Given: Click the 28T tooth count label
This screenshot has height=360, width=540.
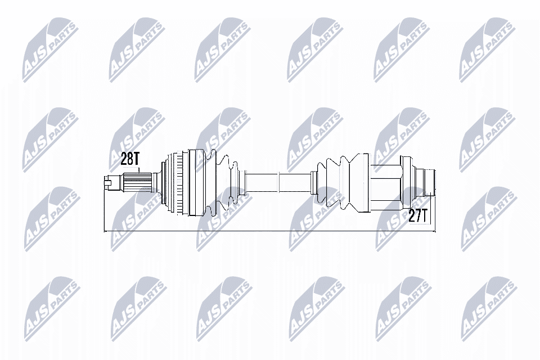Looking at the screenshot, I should pos(130,159).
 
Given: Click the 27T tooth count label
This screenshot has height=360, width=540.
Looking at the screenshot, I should pos(418,216).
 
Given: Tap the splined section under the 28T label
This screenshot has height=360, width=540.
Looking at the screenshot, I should pos(137,182).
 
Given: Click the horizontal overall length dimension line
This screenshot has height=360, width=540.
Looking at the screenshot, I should pos(270,231).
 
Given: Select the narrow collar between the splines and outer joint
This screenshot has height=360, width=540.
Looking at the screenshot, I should pos(155,182).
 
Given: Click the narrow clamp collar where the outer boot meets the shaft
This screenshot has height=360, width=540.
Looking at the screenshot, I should pos(240,182).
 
